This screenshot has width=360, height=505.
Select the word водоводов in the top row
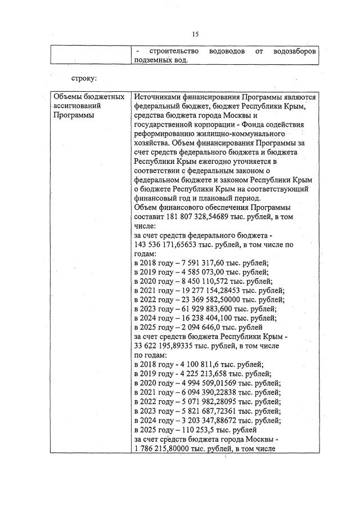[x=227, y=51]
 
